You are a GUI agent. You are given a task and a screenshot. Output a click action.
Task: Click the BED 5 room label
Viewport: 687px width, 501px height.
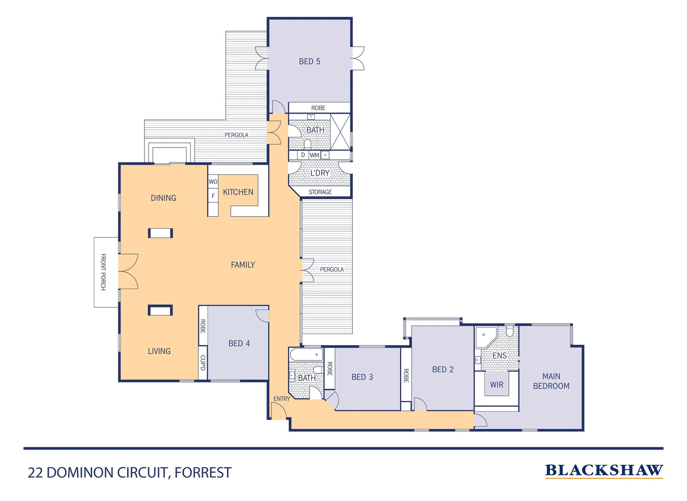point(309,61)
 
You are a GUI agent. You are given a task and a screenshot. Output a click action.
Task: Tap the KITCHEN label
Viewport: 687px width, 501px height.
point(238,192)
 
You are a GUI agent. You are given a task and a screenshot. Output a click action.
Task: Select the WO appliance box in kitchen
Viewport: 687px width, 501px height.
point(213,182)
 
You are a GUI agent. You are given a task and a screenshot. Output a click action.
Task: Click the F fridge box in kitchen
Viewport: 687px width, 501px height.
point(213,196)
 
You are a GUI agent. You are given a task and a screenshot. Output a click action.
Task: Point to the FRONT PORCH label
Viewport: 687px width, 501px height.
point(103,272)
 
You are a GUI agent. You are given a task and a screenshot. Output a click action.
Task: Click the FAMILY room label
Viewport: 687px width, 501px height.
point(243,265)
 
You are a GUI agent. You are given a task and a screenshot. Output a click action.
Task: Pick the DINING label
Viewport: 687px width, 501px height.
point(163,198)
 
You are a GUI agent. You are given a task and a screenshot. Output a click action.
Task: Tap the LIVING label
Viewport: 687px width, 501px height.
point(159,351)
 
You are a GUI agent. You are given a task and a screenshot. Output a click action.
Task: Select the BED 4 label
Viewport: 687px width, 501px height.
point(239,343)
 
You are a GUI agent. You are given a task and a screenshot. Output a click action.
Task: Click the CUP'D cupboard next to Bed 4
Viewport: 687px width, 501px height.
point(203,363)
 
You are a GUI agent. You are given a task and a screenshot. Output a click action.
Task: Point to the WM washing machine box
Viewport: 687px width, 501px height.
point(314,155)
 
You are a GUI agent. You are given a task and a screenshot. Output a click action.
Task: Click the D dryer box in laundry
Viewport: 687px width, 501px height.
point(303,155)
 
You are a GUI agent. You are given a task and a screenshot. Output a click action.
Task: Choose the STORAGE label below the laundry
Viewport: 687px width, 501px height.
point(320,192)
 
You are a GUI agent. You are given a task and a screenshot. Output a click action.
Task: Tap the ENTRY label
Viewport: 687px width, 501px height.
point(281,399)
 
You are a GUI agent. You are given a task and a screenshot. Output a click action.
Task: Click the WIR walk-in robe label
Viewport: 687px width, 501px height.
point(496,385)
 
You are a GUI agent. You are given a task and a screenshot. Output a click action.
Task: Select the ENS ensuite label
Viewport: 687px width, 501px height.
point(499,356)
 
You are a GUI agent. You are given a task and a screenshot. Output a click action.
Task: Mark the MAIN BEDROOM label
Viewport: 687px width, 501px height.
point(551,381)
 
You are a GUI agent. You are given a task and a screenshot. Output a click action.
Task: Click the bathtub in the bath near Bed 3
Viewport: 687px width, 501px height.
point(306,355)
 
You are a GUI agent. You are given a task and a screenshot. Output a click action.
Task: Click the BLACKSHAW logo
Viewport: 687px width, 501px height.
point(604,470)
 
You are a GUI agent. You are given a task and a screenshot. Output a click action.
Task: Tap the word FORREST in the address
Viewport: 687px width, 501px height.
point(203,473)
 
